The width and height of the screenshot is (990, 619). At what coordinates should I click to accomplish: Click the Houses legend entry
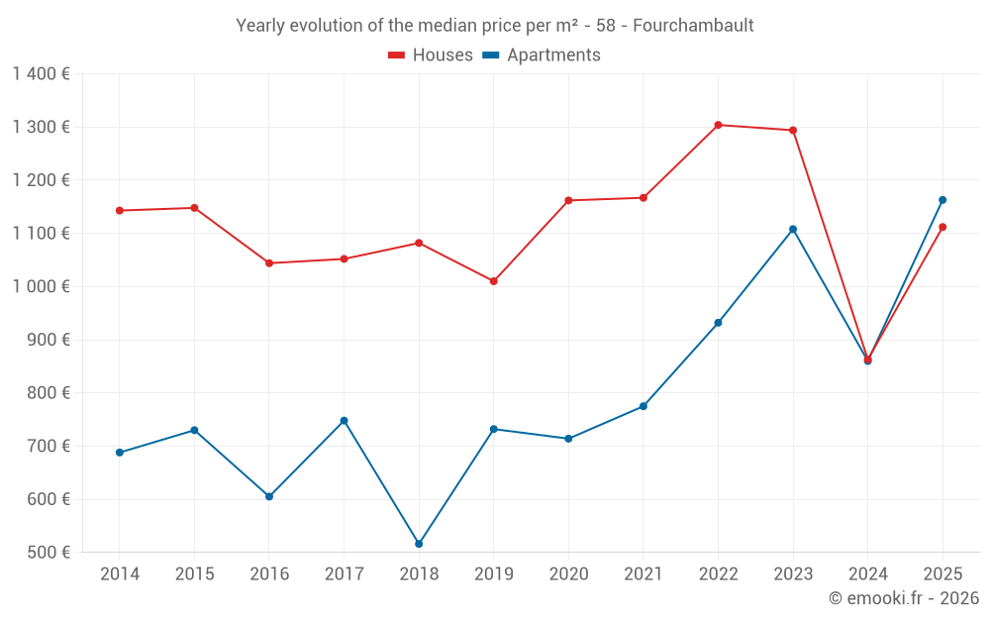pos(431,55)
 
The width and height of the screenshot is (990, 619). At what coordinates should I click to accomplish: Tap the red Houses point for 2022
pos(718,125)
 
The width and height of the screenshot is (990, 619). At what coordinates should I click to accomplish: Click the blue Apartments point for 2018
pos(419,544)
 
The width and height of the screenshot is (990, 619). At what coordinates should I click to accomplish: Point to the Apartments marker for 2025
pos(942,200)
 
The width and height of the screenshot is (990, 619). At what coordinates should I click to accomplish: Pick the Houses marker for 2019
pos(494,281)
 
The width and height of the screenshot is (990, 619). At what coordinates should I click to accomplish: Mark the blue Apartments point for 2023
pos(793,230)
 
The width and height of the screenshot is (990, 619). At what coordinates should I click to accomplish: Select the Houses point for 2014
pos(120,210)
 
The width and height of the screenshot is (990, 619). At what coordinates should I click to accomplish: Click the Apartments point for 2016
pos(269,496)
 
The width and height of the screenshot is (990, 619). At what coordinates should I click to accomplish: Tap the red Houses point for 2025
pos(942,227)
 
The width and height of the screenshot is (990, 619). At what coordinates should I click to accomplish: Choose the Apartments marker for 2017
pos(345,421)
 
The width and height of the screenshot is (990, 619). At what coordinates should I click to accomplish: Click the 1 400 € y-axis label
pos(42,74)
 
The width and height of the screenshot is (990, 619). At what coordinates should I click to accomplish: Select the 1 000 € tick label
pos(42,286)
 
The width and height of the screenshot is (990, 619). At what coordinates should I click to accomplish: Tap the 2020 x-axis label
pos(568,574)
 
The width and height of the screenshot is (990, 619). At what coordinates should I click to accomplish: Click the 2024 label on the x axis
pos(867,574)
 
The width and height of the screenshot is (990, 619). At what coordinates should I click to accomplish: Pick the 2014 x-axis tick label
pos(120,574)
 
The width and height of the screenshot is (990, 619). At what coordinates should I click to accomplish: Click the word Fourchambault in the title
pos(693,25)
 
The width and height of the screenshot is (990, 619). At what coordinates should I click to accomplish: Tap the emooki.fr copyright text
pos(904,598)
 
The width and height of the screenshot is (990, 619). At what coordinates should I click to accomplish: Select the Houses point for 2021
pos(643,198)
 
